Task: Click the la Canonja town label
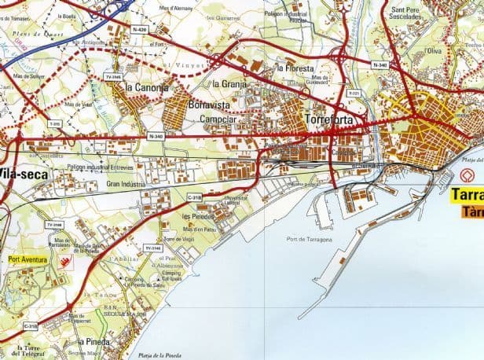[146, 88]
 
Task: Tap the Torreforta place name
[329, 119]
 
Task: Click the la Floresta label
[295, 68]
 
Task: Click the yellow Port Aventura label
[28, 259]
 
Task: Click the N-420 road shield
[140, 29]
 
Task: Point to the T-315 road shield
[53, 123]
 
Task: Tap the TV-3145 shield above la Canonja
[113, 77]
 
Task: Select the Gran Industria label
[126, 184]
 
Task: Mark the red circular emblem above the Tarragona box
[468, 175]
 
